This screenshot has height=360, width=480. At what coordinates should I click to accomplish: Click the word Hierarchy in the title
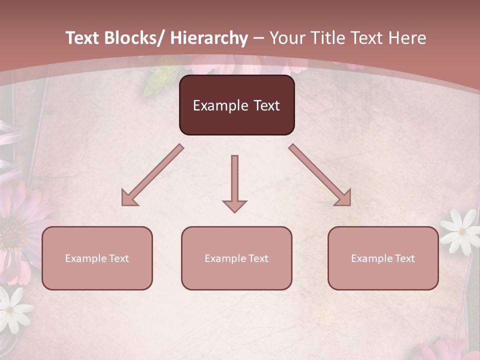[x=208, y=38]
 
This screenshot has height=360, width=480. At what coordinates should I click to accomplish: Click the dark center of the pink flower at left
[x=11, y=235]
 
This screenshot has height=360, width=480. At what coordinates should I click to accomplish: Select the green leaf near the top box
[x=157, y=80]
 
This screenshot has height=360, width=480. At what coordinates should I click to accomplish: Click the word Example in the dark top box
[x=216, y=105]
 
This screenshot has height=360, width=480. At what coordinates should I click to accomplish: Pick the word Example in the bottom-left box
[x=85, y=258]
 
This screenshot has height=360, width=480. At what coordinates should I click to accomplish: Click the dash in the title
[x=258, y=38]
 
